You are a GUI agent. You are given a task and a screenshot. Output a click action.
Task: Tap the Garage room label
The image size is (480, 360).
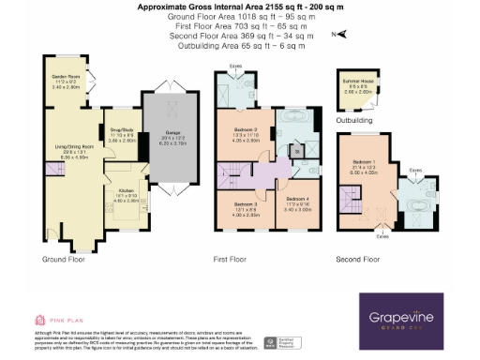click(172, 127)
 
